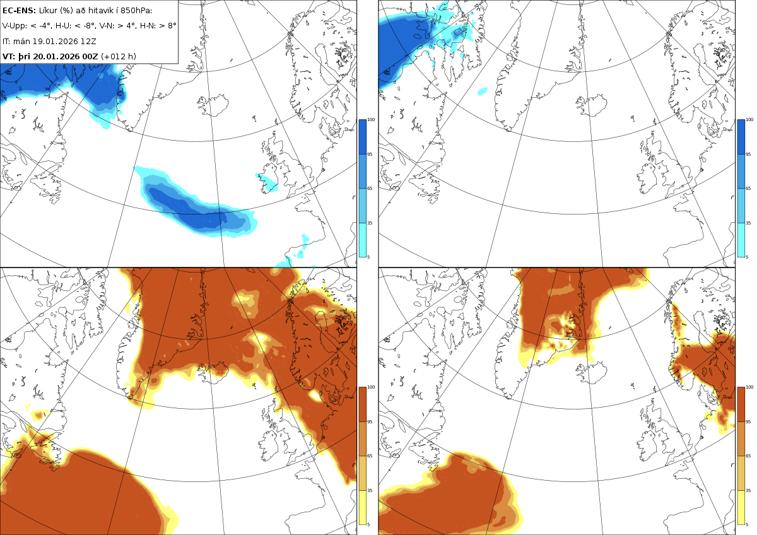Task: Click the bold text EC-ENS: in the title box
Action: [19, 11]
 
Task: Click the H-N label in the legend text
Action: [150, 26]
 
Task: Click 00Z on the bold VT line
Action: [90, 56]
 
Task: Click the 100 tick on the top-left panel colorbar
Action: [371, 120]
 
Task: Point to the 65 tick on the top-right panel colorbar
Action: [748, 188]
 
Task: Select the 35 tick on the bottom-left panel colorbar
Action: [370, 490]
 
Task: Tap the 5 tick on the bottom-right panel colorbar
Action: [747, 524]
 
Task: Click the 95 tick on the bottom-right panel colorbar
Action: [748, 422]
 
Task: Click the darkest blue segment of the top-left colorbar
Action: [362, 137]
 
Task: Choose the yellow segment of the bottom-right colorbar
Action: [741, 507]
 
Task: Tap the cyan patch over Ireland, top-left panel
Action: [267, 182]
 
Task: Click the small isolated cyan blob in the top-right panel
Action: [483, 91]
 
